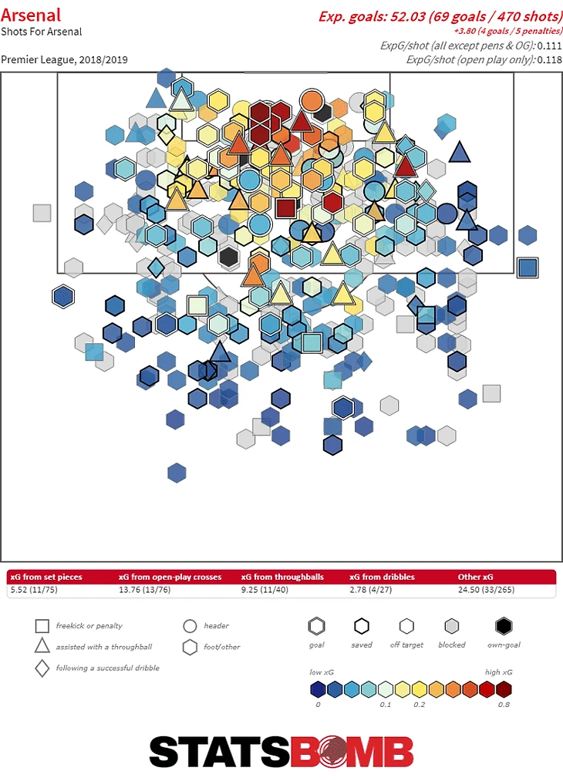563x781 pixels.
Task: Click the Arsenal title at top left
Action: [31, 15]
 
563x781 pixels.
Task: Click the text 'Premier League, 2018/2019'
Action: [65, 59]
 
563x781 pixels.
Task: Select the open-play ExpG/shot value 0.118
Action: [550, 59]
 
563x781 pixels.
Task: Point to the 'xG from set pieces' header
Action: [46, 577]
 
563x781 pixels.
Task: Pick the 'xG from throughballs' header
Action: [282, 577]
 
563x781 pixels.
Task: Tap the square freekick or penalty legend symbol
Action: [42, 626]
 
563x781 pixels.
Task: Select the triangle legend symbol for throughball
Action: [42, 646]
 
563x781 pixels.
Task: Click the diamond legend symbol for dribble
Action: [42, 668]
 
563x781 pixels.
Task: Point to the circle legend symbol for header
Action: [190, 626]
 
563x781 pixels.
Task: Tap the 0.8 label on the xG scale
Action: [504, 704]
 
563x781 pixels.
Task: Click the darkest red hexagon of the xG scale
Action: [504, 689]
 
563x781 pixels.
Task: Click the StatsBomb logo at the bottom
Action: [281, 752]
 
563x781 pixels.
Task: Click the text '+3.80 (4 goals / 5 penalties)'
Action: [507, 32]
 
